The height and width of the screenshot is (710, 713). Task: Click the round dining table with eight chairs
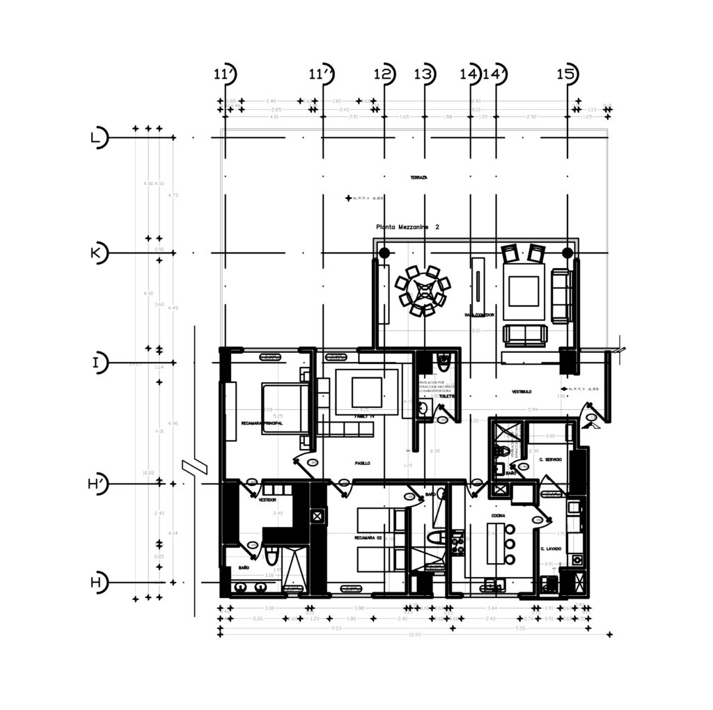(422, 292)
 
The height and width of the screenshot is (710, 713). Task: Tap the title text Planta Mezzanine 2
(407, 227)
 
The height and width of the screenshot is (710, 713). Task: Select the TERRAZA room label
(419, 178)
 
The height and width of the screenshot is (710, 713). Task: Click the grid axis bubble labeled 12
(384, 74)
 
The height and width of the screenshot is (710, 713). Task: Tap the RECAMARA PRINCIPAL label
(261, 423)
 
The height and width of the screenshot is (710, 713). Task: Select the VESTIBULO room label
(522, 392)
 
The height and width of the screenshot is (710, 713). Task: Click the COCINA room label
(498, 516)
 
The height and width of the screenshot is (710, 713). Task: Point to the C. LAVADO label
(551, 549)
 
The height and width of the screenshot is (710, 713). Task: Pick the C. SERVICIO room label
(550, 459)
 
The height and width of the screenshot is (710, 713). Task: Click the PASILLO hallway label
(362, 463)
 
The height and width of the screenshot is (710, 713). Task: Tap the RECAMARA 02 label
(369, 538)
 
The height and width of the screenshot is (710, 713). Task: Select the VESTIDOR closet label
(267, 500)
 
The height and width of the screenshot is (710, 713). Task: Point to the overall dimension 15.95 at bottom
(415, 634)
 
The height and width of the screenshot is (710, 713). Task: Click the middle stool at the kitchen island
(510, 545)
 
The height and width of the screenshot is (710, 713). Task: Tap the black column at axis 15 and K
(567, 252)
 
